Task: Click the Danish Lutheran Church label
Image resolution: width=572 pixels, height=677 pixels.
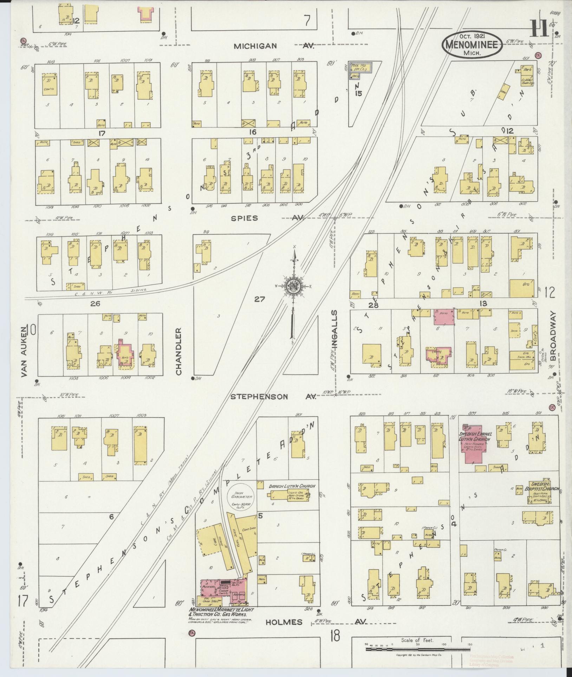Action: (292, 486)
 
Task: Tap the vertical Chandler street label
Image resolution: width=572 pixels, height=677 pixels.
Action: (178, 352)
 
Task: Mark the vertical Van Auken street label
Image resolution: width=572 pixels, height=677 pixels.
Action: (24, 352)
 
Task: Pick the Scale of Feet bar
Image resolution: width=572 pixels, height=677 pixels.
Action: (418, 649)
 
